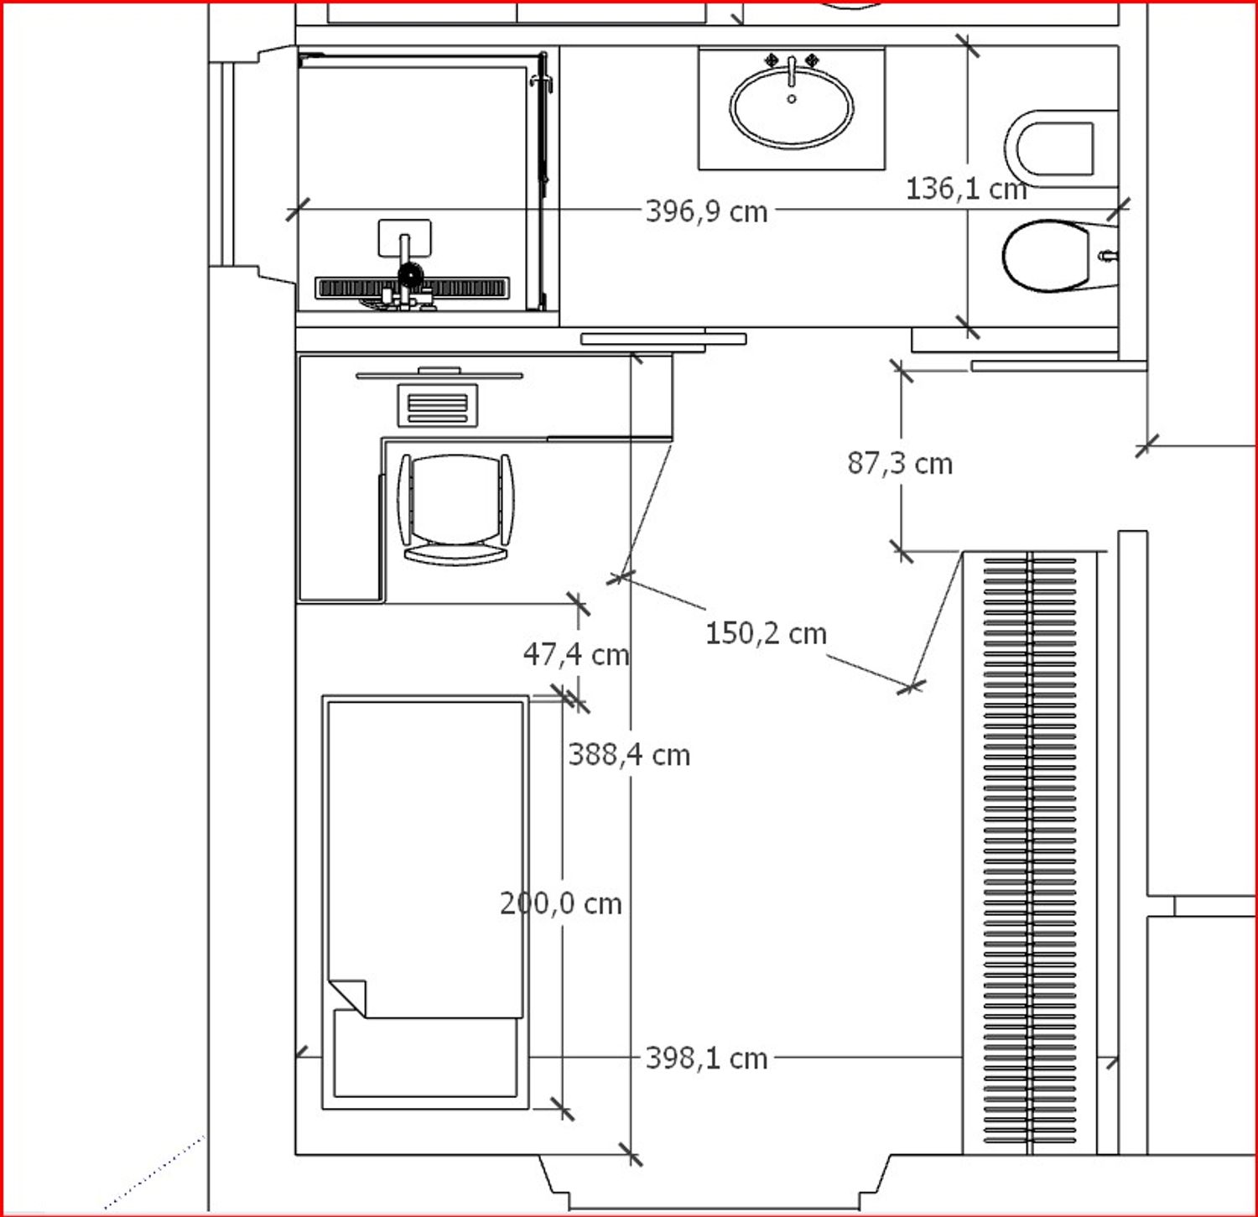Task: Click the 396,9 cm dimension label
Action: coord(706,211)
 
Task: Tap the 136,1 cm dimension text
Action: coord(966,188)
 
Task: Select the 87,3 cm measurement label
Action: coord(900,463)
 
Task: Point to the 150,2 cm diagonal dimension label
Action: coord(766,633)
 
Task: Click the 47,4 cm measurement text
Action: coord(576,654)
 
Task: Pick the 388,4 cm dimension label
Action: coord(629,755)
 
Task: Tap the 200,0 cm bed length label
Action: coord(561,903)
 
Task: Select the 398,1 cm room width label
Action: coord(706,1058)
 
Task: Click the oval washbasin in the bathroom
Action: coord(792,107)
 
